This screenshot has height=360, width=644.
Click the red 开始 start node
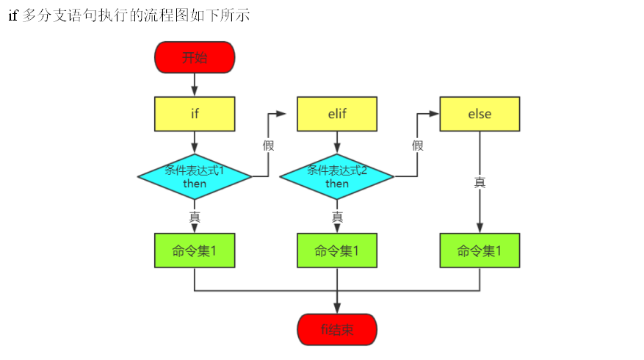(195, 57)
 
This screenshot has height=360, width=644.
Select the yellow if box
(195, 114)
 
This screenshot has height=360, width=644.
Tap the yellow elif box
(337, 114)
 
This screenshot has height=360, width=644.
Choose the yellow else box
(480, 114)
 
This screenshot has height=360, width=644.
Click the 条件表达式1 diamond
(195, 176)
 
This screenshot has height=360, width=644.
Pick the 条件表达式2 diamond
(337, 176)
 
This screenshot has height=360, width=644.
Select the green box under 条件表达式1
(195, 251)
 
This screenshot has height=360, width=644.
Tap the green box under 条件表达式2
(337, 251)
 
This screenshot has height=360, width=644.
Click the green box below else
(480, 251)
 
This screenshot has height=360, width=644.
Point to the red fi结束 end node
(337, 330)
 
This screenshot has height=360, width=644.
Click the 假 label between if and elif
(269, 145)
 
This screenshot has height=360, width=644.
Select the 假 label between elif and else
(418, 145)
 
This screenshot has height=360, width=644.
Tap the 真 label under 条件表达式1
(195, 217)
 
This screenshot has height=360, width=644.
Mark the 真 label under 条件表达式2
(337, 217)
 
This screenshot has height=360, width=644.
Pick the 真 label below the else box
(480, 182)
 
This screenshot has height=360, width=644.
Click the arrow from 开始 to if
(195, 84)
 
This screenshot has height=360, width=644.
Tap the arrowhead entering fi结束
(337, 308)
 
